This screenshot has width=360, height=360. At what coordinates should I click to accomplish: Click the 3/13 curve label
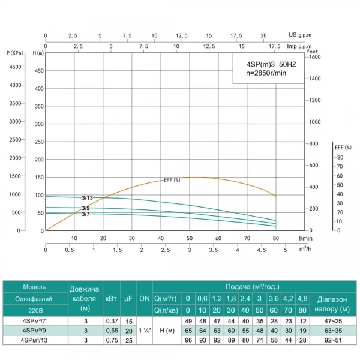(x=88, y=197)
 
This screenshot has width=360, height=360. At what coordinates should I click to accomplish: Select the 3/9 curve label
(x=86, y=208)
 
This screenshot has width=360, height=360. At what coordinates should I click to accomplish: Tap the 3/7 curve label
(x=86, y=214)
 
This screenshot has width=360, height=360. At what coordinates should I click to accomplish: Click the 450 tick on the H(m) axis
(x=39, y=71)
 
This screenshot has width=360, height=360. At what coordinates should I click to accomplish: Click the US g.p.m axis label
(x=301, y=35)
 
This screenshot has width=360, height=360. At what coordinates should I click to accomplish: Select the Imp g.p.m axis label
(x=301, y=46)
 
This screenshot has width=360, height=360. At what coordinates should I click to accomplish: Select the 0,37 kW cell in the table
(x=111, y=321)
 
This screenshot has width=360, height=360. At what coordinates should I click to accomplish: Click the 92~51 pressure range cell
(x=335, y=340)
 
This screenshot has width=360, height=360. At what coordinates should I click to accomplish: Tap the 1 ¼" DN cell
(x=145, y=331)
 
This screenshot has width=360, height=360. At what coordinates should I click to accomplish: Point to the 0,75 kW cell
(x=111, y=340)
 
